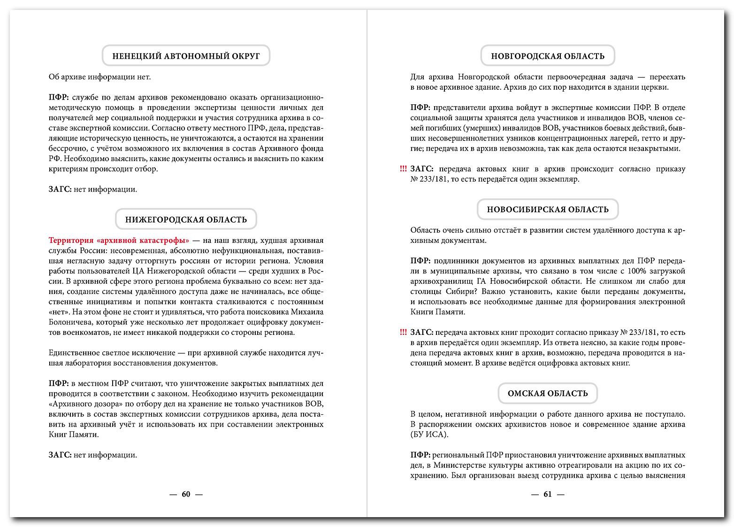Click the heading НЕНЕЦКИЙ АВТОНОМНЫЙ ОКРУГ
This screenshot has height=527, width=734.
point(186,56)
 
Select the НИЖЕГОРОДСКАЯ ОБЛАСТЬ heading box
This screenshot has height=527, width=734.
point(186,219)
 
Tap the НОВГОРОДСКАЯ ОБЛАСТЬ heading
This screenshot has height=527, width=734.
point(548,56)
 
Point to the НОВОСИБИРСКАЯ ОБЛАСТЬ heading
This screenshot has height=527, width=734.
point(548,209)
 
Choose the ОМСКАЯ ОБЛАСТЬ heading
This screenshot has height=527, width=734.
point(548,393)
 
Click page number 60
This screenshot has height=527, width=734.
point(186,494)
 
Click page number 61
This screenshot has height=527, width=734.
point(548,494)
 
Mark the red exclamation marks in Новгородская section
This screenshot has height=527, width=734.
point(403,169)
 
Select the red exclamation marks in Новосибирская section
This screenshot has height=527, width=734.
point(403,333)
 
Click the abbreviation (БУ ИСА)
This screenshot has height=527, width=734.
point(429,434)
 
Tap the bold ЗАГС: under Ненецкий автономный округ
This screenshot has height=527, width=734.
point(60,189)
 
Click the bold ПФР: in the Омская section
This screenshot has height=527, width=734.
point(420,455)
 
